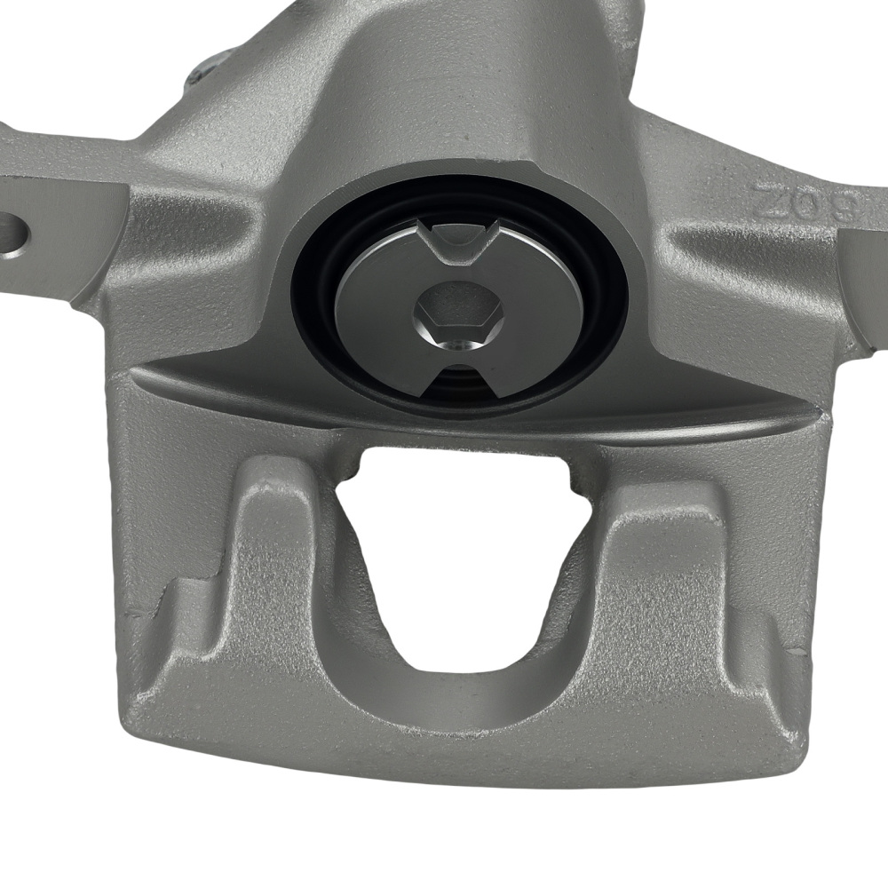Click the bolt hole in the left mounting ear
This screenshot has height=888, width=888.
[12, 233]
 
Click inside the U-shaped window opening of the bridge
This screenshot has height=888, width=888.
[462, 551]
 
